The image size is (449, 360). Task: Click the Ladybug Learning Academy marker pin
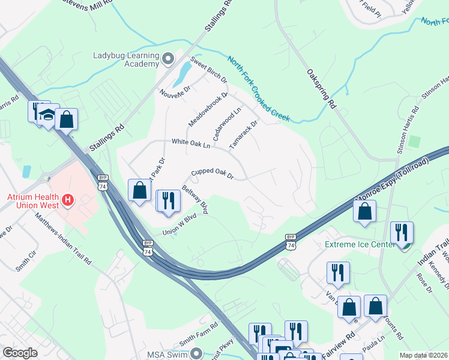[167, 58]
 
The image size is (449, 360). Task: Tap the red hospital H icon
[68, 199]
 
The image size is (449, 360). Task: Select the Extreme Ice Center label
[360, 244]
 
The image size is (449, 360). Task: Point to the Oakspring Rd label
[321, 88]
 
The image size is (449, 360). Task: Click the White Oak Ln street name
[191, 144]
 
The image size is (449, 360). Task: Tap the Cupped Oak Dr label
[212, 174]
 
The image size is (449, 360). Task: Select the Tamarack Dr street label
[243, 135]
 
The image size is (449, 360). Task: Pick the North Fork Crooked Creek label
[258, 88]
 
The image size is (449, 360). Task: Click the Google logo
[20, 353]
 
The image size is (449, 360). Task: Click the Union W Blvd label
[179, 225]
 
